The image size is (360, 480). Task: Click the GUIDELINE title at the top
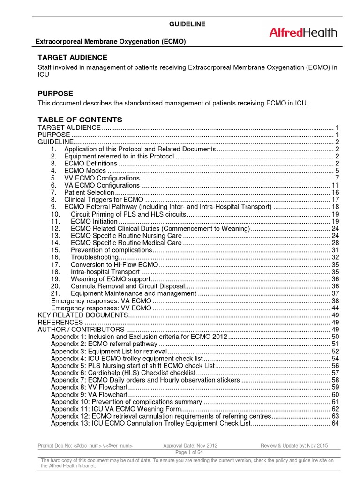click(187, 24)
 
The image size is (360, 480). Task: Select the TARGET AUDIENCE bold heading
click(72, 57)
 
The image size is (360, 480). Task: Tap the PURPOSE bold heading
click(55, 94)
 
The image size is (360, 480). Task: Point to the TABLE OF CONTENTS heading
click(80, 120)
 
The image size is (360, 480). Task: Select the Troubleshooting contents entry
click(94, 257)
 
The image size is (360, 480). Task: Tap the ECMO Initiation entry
click(94, 221)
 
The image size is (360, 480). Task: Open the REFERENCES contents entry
click(60, 322)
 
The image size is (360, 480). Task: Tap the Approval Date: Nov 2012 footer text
click(190, 445)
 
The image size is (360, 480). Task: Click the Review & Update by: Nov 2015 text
click(297, 445)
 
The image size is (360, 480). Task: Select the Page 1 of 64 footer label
click(187, 453)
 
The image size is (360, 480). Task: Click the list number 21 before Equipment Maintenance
click(56, 293)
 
